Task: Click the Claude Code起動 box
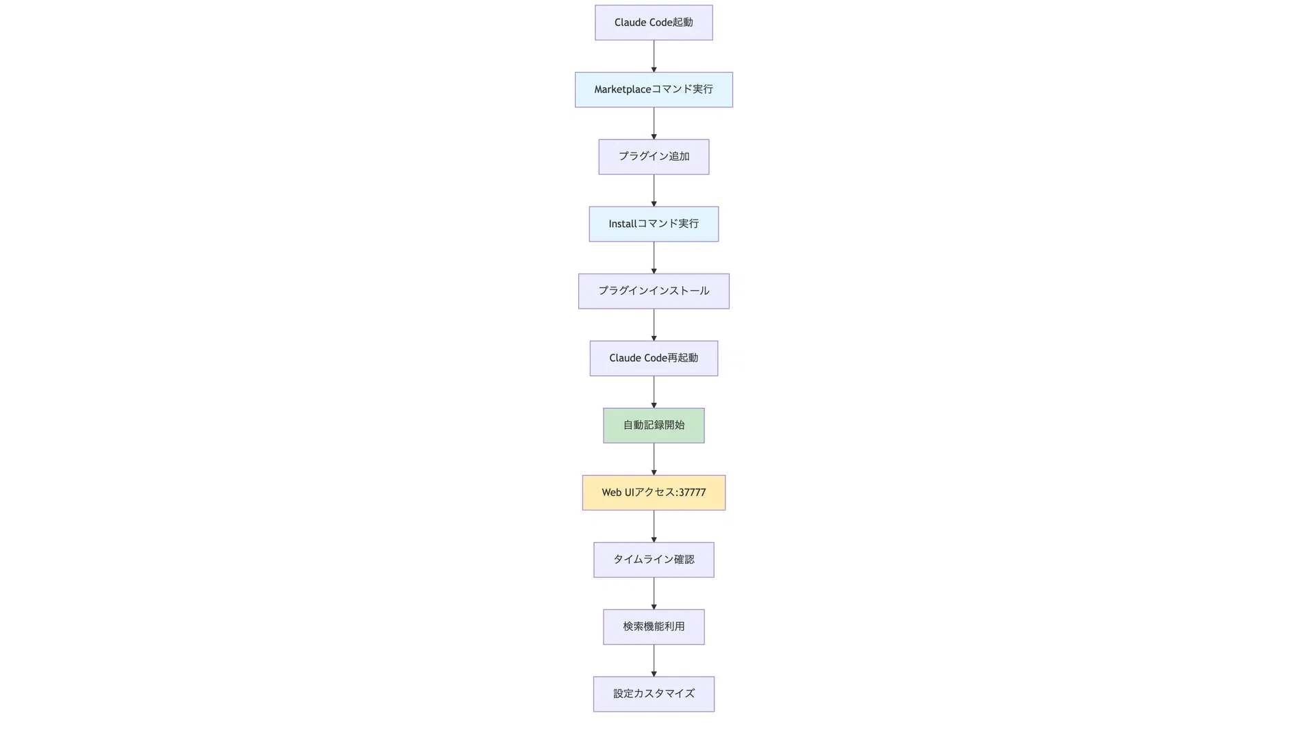click(654, 23)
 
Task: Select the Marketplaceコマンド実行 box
click(654, 90)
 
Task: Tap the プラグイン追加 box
click(654, 157)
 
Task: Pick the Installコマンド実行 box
click(654, 224)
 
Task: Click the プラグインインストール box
click(654, 291)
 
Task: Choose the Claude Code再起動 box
click(654, 358)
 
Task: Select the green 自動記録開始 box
click(654, 425)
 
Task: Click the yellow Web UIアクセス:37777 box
click(654, 493)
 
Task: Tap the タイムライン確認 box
click(654, 560)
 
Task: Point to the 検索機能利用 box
click(654, 627)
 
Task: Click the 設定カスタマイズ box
click(654, 694)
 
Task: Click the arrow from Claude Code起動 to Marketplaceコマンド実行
click(654, 56)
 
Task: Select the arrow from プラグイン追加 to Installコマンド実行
click(654, 190)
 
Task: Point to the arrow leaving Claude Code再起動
click(654, 392)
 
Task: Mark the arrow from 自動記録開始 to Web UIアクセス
click(654, 459)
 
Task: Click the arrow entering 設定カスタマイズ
click(654, 660)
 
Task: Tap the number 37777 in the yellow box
click(692, 493)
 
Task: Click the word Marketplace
click(622, 90)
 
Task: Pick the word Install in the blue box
click(622, 224)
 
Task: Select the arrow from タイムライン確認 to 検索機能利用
click(654, 593)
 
